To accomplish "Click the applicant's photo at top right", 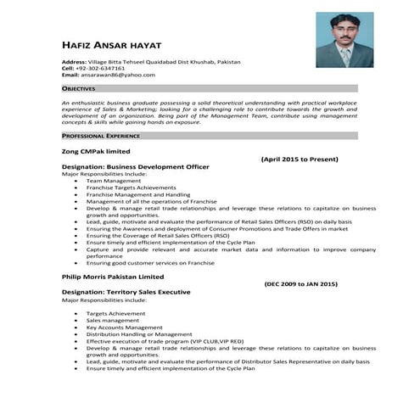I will click(x=346, y=40).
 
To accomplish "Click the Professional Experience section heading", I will click(x=100, y=136).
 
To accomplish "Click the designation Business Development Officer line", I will click(x=135, y=166).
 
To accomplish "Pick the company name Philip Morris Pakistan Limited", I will click(x=112, y=276).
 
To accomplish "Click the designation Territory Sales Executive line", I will click(x=126, y=292).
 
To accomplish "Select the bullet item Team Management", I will click(x=113, y=181).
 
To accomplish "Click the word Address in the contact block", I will click(x=74, y=62).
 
